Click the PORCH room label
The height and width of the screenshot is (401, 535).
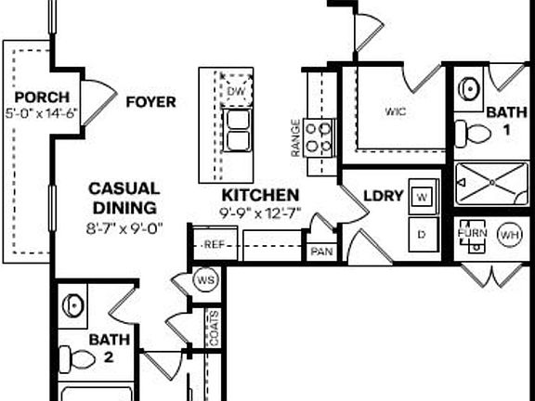pos(42,97)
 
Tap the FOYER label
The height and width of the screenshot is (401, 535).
pos(150,102)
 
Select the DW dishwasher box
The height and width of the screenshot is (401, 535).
pos(236,91)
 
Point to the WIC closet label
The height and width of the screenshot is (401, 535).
pos(396,111)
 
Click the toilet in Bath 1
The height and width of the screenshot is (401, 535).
pos(473,134)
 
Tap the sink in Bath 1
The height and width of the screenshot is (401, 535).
pos(469,89)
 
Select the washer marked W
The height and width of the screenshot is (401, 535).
pos(424,197)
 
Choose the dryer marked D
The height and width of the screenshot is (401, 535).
pos(424,235)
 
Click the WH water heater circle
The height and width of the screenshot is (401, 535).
pos(510,235)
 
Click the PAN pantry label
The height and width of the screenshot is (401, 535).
pos(321,252)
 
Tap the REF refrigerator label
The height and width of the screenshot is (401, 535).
pos(215,244)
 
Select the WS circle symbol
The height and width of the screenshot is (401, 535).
pos(206,280)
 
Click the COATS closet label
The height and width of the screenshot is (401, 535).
pos(214,328)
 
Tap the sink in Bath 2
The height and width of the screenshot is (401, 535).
pos(73,305)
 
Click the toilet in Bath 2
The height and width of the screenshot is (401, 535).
pos(77,359)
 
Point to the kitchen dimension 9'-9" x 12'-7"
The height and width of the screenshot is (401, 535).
pos(260,213)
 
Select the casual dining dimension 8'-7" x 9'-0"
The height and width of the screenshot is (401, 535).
pos(124,228)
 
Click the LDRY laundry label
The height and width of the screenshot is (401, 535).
pos(384,196)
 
